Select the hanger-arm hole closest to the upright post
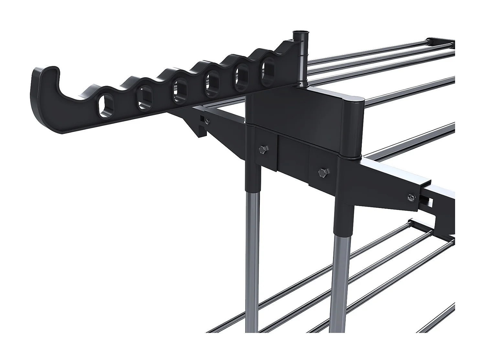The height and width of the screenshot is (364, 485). [268, 69]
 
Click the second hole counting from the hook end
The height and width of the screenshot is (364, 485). [144, 98]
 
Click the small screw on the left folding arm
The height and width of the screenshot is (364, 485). [207, 122]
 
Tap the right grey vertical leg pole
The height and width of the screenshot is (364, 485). [341, 275]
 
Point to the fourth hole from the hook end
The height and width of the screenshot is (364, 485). [212, 83]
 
